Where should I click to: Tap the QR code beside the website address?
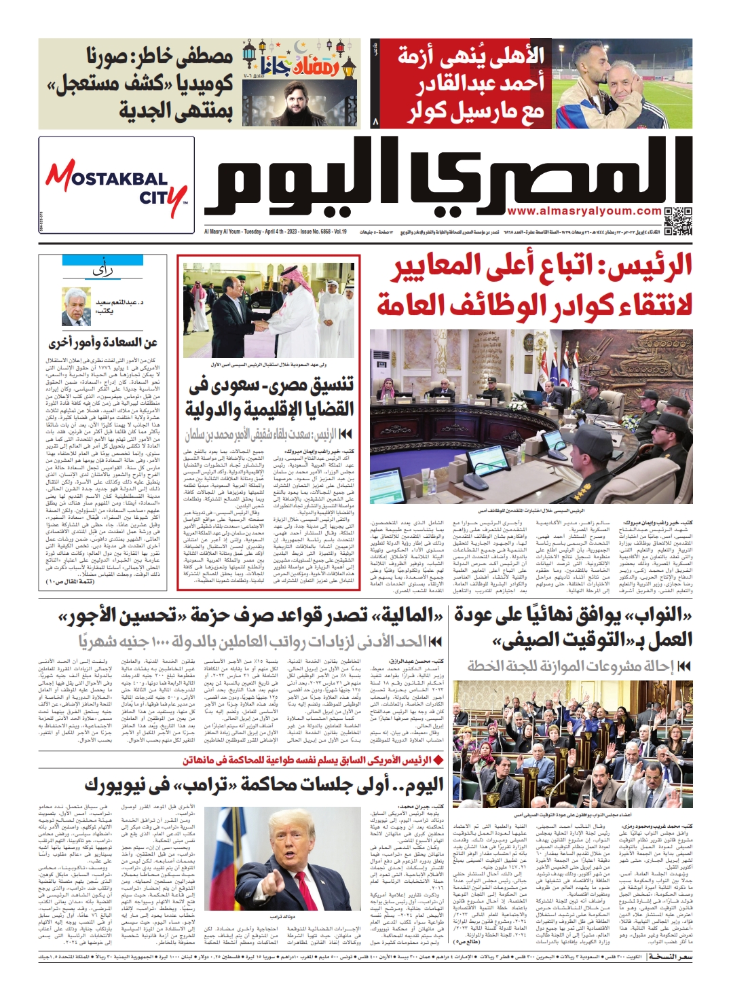point(677,221)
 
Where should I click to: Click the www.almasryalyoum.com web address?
point(584,211)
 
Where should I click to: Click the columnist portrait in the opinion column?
point(76,306)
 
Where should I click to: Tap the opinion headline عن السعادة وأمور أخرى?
point(103,343)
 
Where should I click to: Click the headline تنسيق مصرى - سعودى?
point(269,397)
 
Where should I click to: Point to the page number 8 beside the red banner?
point(375,122)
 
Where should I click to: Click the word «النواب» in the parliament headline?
point(658,615)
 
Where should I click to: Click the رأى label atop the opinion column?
point(102,271)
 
